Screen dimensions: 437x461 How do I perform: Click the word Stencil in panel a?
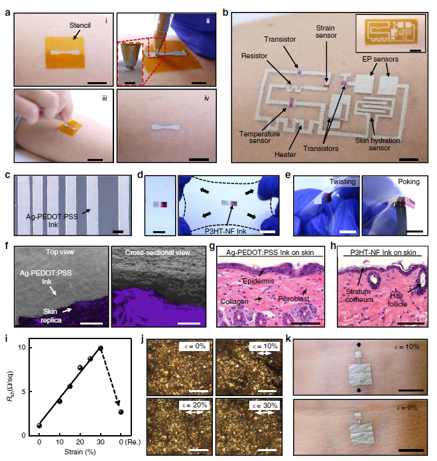[80, 26]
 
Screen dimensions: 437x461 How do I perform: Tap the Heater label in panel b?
[285, 154]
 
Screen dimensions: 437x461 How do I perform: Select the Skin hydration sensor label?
[378, 144]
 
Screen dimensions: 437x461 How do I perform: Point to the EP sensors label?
[380, 59]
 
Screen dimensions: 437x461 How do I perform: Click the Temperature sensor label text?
[259, 137]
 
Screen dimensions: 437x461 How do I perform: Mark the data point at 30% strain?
[100, 348]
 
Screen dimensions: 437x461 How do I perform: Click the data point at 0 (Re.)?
[121, 412]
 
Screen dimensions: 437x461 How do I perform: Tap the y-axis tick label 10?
[22, 348]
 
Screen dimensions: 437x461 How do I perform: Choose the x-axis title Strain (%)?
[80, 452]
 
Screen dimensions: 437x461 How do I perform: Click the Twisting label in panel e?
[342, 181]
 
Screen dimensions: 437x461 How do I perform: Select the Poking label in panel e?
[408, 181]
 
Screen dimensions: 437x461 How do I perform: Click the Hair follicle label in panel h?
[397, 300]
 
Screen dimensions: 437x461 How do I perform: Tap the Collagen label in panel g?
[234, 301]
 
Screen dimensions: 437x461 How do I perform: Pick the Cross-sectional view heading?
[158, 252]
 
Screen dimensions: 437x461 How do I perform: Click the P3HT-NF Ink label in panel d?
[225, 231]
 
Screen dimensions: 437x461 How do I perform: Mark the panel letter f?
[7, 246]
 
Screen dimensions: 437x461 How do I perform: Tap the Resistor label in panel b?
[254, 56]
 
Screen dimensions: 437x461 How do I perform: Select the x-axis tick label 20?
[80, 442]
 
